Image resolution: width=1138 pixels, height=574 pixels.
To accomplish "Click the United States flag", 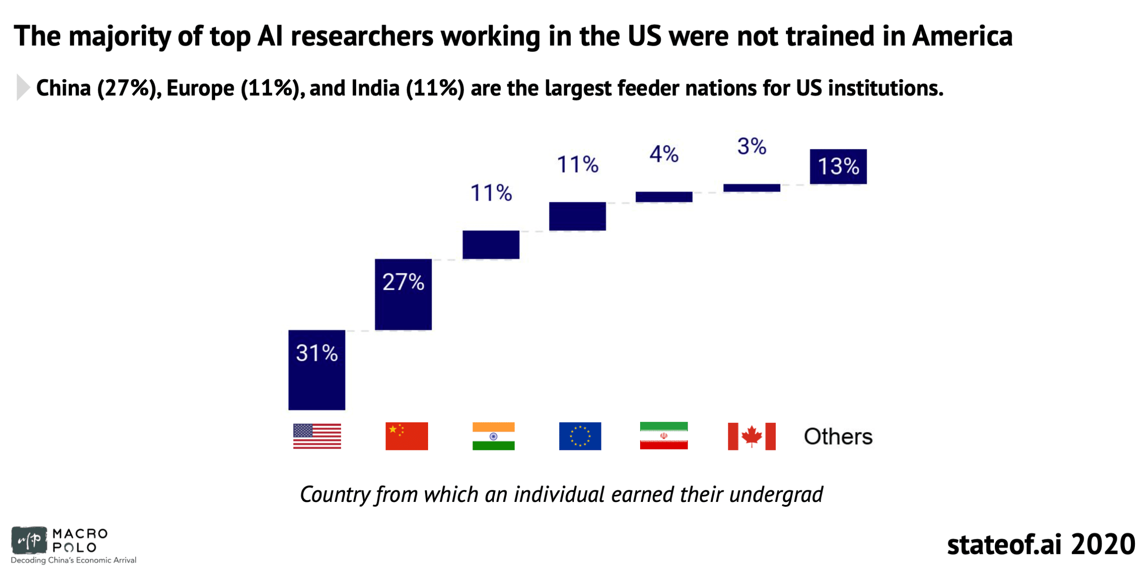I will [x=317, y=436].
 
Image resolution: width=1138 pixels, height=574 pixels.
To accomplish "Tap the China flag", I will [x=406, y=436].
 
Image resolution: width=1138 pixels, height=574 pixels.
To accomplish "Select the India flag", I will [x=493, y=436].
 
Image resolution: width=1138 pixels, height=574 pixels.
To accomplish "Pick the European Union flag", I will [x=580, y=436].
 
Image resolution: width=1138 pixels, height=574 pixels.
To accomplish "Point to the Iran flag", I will [x=663, y=435].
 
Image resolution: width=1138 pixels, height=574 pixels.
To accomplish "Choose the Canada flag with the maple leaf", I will [x=751, y=436].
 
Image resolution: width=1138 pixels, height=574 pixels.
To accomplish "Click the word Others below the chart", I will [x=837, y=436].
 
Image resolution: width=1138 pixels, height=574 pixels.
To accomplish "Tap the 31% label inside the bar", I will [x=317, y=353].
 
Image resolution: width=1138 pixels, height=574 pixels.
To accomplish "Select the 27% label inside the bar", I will [x=403, y=282].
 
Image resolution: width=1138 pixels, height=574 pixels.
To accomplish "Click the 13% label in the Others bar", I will [x=838, y=166].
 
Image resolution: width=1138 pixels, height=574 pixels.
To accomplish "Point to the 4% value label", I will [x=664, y=154].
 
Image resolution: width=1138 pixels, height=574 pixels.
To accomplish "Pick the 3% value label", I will [x=751, y=146].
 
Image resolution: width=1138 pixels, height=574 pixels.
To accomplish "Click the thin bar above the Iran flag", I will [x=664, y=197].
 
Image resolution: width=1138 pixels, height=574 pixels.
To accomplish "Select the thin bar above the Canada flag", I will [x=751, y=188].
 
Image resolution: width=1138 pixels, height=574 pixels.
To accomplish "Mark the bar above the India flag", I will [x=491, y=244].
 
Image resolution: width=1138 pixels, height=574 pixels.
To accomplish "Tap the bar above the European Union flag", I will [x=577, y=216].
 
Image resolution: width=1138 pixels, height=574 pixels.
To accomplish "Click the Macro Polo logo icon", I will [x=29, y=540].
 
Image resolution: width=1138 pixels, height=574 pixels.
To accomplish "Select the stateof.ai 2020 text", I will [x=1040, y=544].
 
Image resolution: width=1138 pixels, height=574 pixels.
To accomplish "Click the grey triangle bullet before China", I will [x=23, y=87].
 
